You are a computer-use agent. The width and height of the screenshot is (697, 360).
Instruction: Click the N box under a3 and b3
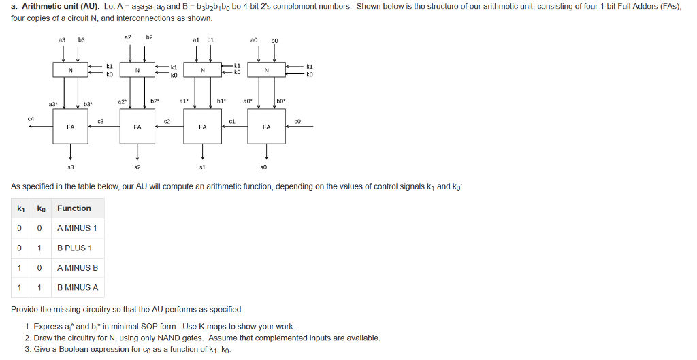pos(71,70)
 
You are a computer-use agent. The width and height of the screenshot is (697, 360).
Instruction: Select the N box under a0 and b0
pos(267,70)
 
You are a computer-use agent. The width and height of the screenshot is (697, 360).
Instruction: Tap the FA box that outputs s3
pos(71,127)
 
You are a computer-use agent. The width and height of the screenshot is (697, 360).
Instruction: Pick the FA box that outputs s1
pos(202,127)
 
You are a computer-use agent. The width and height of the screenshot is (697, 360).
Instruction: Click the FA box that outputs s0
pos(267,127)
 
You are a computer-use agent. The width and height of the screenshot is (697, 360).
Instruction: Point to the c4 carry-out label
pos(31,118)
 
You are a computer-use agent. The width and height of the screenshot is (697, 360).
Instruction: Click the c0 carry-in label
pos(297,120)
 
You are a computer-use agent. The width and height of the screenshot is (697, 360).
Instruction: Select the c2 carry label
pos(167,121)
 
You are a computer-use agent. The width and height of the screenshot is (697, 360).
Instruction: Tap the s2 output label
pos(137,167)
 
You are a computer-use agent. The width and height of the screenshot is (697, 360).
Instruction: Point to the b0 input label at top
pos(275,41)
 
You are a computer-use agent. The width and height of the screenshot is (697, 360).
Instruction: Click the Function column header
pos(74,208)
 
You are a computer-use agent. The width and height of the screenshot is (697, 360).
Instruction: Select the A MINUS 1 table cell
pos(77,228)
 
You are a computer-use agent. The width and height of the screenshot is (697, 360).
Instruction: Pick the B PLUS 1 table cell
pos(76,248)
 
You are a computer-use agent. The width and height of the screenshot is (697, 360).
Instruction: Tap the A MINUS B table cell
pos(78,267)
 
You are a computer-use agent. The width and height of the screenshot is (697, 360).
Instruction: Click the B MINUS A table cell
pos(78,287)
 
